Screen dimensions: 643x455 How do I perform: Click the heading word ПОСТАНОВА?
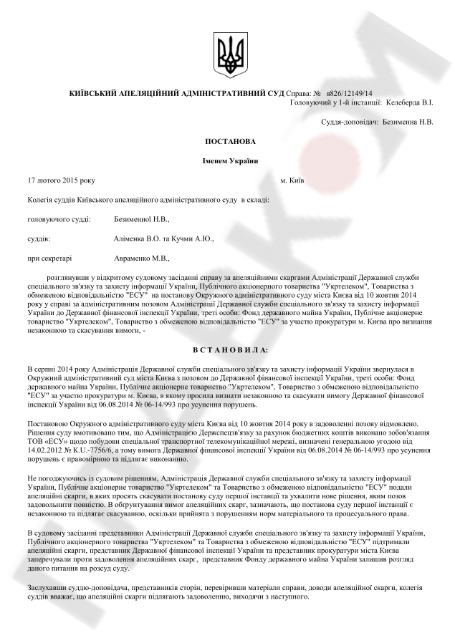click(x=229, y=142)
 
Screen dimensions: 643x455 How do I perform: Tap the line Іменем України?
click(x=229, y=161)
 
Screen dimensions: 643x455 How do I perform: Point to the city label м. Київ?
click(x=293, y=180)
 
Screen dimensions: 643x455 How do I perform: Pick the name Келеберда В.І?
click(x=409, y=102)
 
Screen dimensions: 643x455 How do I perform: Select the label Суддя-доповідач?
click(x=350, y=122)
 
